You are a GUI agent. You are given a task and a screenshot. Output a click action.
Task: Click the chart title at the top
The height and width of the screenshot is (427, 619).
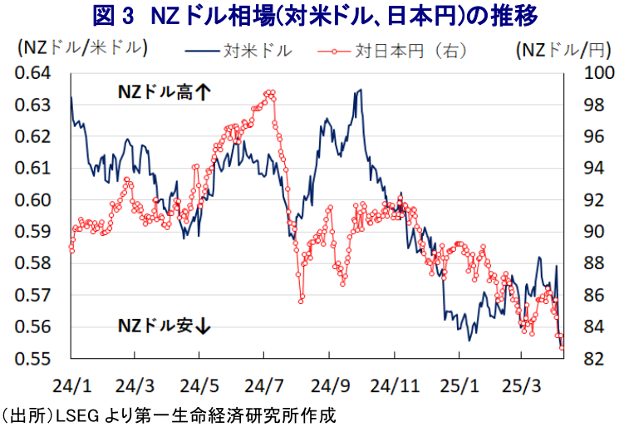click(x=315, y=16)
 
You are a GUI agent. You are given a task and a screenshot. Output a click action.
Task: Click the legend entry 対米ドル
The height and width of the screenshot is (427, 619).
click(x=238, y=51)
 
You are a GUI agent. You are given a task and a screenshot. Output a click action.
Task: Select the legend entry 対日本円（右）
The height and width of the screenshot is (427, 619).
click(x=392, y=51)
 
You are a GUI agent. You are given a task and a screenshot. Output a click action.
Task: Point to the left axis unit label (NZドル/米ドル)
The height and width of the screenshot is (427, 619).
click(x=82, y=48)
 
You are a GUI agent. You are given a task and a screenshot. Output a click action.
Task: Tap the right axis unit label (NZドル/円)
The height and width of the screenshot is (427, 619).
click(x=565, y=50)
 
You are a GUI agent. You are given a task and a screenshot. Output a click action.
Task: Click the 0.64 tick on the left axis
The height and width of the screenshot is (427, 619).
click(x=32, y=73)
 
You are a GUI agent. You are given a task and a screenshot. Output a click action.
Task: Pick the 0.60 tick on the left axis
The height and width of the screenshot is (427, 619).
click(x=32, y=200)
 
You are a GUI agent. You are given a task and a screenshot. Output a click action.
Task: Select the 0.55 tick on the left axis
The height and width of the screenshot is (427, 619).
click(x=32, y=359)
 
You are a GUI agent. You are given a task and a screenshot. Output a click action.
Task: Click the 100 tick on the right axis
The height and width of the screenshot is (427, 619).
click(x=599, y=73)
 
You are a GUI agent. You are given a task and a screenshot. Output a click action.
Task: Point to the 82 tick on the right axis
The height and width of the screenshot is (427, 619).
click(x=594, y=359)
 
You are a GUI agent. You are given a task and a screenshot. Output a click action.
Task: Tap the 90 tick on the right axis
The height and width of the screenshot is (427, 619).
click(x=594, y=232)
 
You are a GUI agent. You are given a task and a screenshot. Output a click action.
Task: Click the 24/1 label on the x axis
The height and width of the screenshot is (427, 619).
click(x=71, y=386)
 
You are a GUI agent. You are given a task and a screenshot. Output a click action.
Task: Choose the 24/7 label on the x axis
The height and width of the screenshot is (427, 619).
click(x=263, y=386)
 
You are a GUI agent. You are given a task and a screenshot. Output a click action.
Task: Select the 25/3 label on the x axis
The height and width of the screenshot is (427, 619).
click(x=521, y=386)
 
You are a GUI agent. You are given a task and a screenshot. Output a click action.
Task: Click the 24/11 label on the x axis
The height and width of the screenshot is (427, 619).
click(x=395, y=386)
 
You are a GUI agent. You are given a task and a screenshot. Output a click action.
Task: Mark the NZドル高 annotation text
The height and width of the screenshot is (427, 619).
click(x=155, y=92)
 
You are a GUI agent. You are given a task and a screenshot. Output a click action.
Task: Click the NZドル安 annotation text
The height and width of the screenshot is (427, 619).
click(x=155, y=326)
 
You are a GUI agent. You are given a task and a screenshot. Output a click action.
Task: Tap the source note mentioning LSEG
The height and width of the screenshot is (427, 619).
click(x=169, y=416)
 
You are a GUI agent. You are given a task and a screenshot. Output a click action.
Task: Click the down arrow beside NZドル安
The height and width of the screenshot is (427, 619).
click(x=204, y=326)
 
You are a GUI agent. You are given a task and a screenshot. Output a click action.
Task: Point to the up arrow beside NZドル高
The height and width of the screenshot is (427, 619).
click(x=204, y=92)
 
